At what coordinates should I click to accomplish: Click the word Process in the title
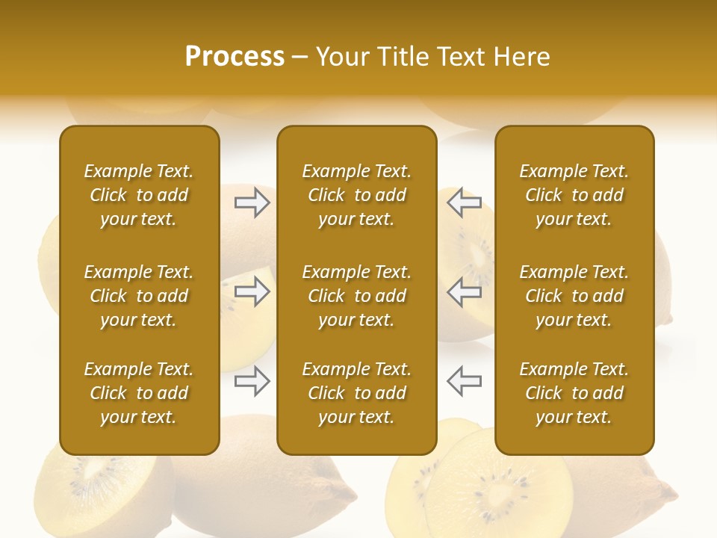click(235, 56)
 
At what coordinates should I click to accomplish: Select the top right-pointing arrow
click(252, 202)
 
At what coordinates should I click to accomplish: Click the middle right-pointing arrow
click(252, 292)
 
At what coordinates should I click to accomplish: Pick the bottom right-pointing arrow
click(252, 382)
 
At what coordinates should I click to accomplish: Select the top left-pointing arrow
click(464, 202)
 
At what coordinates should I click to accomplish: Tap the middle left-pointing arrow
click(464, 292)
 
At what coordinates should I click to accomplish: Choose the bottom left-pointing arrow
click(464, 380)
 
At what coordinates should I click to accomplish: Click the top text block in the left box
click(139, 195)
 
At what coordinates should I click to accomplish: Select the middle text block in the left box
click(139, 296)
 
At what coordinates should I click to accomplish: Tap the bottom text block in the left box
click(139, 393)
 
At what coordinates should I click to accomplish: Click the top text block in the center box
click(356, 195)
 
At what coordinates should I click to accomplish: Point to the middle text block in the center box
click(356, 296)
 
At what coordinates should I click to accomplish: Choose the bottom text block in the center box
click(356, 393)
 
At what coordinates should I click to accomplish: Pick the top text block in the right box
click(574, 195)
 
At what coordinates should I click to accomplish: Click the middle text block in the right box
click(574, 296)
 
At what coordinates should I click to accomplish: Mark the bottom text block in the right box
click(574, 393)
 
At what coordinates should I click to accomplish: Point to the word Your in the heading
click(341, 56)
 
